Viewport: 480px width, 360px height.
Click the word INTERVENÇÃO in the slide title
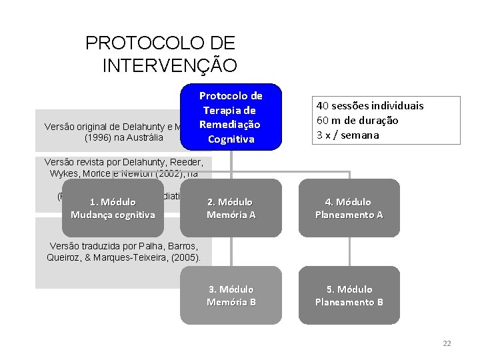click(170, 65)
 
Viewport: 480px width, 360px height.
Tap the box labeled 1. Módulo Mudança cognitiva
click(113, 208)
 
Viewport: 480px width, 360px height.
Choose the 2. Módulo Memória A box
click(231, 208)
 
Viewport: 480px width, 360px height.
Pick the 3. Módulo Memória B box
click(231, 295)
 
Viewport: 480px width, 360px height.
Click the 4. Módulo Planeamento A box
click(349, 208)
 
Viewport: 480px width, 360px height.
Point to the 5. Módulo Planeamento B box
click(349, 295)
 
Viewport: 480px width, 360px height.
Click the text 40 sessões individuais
click(370, 105)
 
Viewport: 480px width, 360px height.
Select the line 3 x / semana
click(347, 135)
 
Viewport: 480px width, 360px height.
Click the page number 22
click(447, 343)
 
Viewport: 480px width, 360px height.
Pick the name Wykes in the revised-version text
click(65, 173)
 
